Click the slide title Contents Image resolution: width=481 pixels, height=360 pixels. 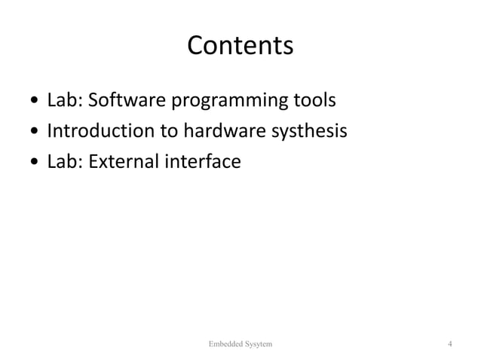click(240, 46)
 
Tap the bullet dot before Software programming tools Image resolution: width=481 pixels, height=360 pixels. click(35, 100)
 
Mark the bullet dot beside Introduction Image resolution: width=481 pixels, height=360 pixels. click(35, 132)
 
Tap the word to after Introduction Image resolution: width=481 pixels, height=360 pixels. click(168, 131)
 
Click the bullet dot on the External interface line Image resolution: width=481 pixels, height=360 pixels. click(35, 162)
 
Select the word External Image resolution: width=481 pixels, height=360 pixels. click(120, 161)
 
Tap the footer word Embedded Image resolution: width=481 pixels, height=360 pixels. click(225, 344)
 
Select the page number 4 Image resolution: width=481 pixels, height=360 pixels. click(449, 344)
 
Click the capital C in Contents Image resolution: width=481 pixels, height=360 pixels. click(195, 46)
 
